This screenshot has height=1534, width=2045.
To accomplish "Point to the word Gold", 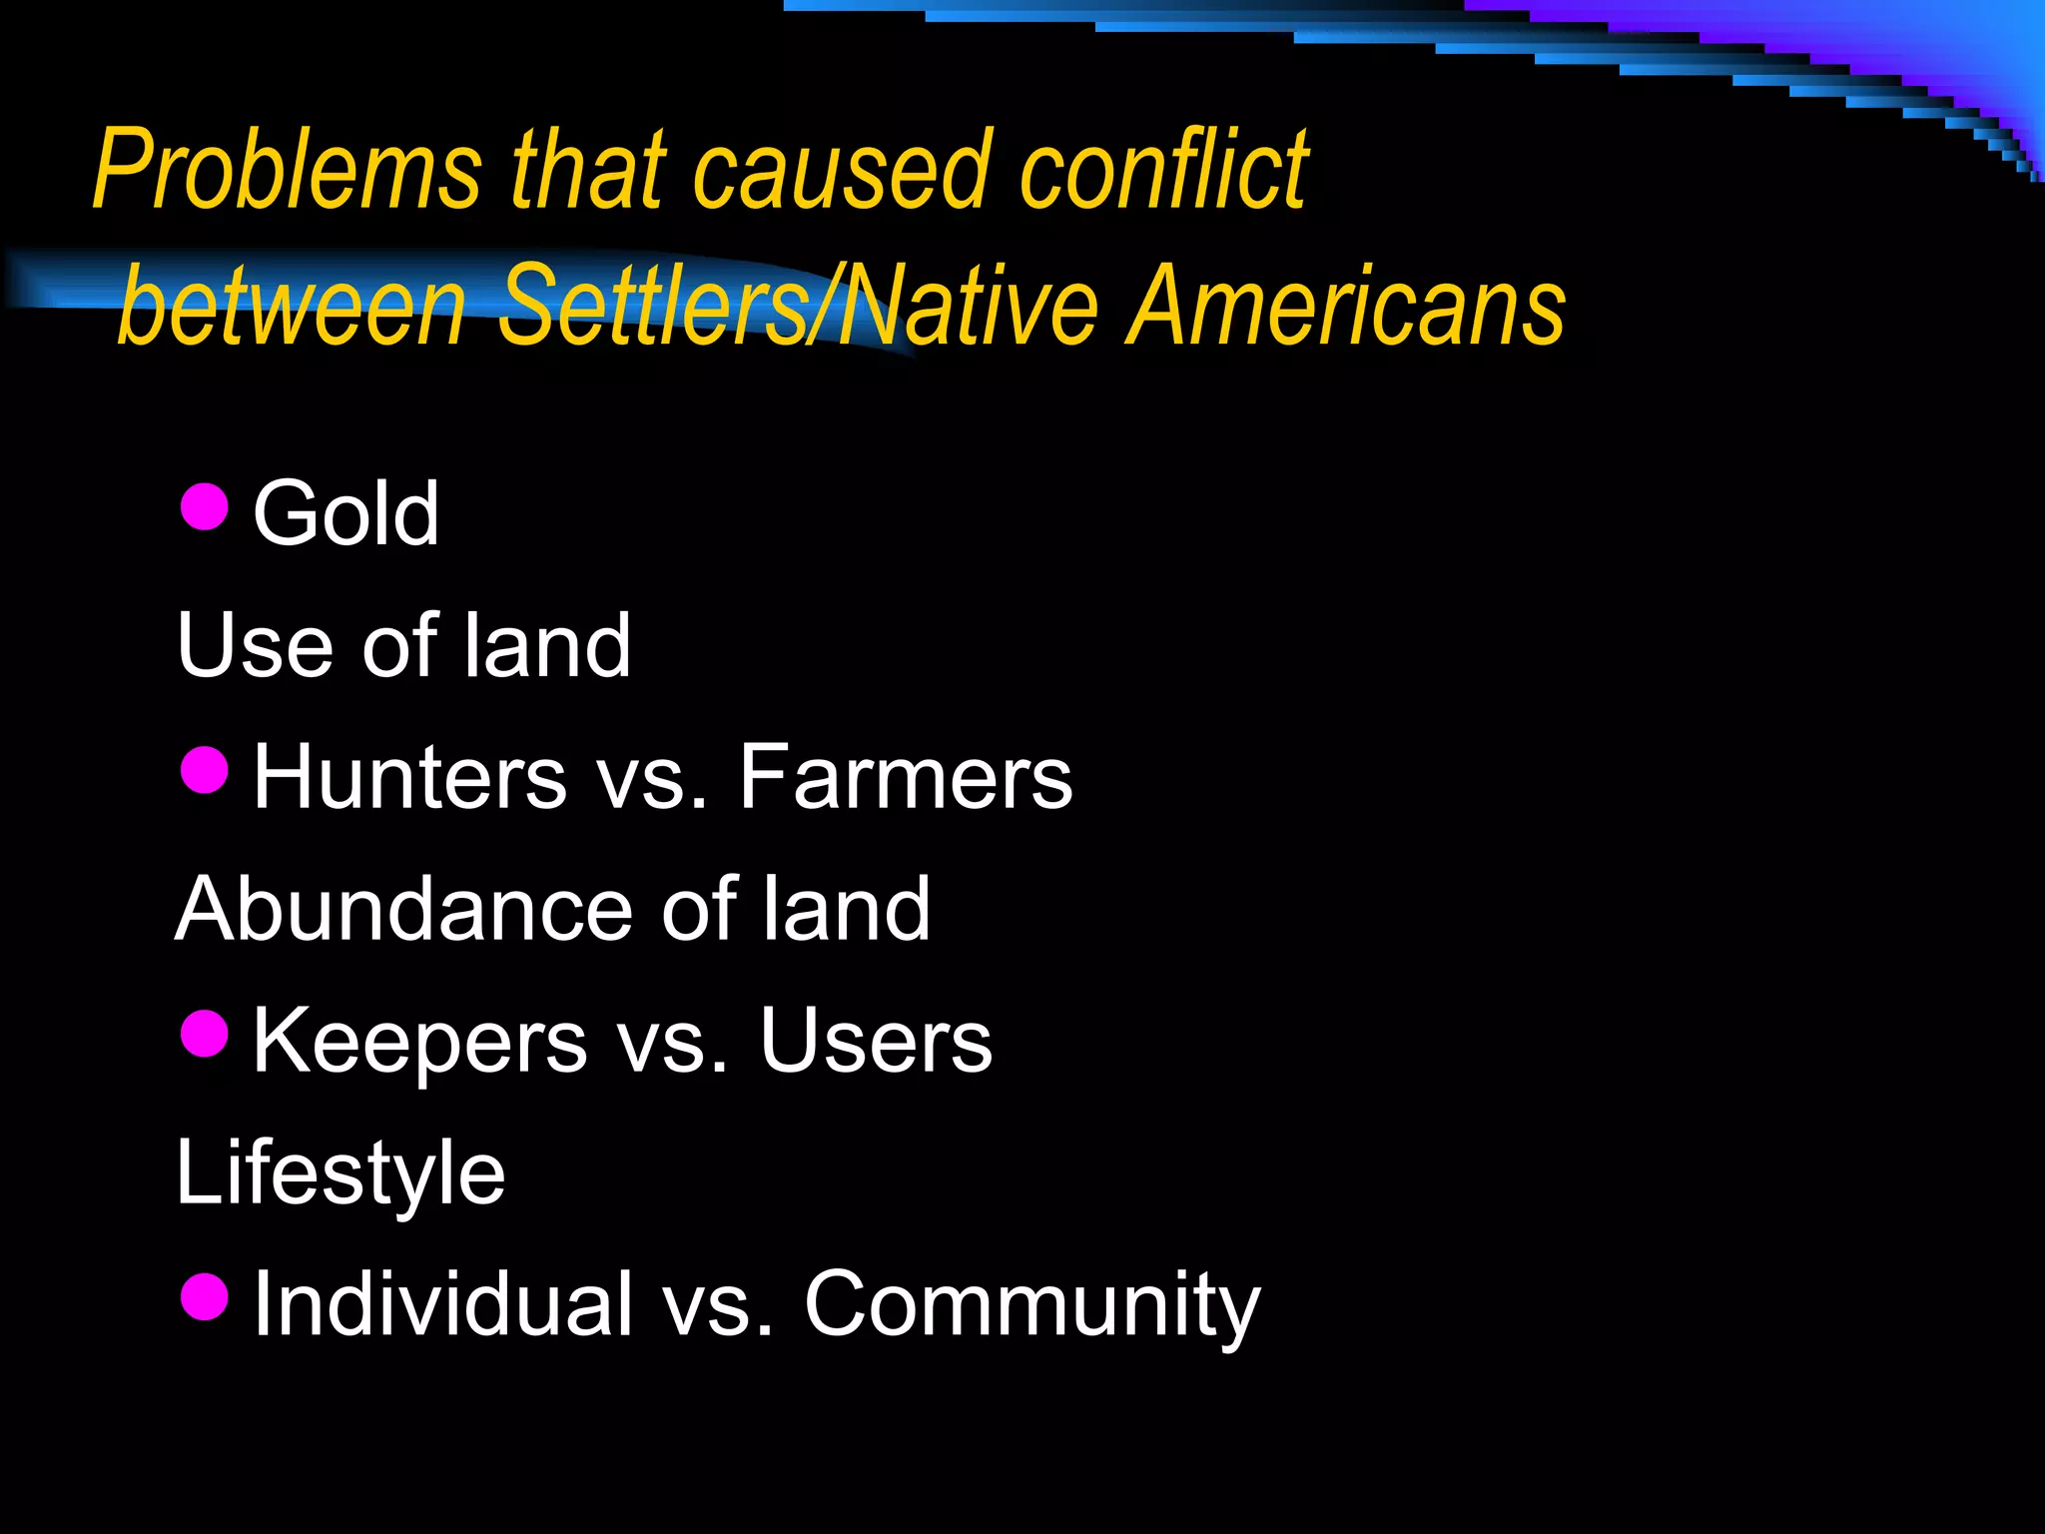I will (345, 513).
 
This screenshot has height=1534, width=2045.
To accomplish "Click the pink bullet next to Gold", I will (206, 506).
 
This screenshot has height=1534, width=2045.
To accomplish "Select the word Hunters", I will (409, 778).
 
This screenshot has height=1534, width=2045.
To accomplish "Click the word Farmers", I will (905, 778).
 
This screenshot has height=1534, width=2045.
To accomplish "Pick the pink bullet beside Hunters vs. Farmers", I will (206, 770).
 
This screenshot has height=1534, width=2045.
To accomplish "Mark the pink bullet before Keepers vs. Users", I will (206, 1033).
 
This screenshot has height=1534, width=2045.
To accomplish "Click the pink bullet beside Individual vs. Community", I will (206, 1296).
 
